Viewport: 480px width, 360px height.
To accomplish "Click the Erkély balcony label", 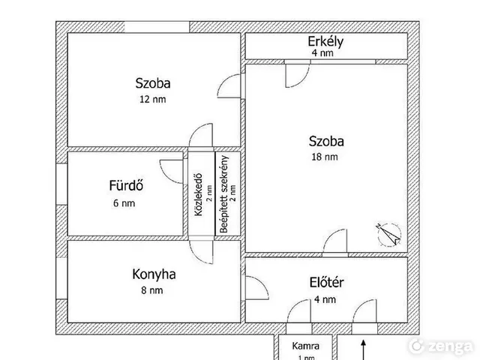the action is coord(325,42).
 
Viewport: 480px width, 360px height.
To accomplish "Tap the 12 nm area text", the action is coord(153,100).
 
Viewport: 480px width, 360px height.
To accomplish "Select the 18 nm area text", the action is coord(325,157).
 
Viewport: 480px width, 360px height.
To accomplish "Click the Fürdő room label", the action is coord(126,185).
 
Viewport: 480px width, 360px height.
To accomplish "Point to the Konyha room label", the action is coord(154,274).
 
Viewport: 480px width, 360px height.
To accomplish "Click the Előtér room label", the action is coord(327,282).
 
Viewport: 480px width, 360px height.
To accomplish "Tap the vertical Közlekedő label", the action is coord(199,195).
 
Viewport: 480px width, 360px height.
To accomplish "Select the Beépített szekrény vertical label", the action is coord(224,194).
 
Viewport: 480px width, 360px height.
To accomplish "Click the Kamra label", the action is coord(305,346).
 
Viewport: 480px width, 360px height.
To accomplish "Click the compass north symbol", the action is coord(388,234).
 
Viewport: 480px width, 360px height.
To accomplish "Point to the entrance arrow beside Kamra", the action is coord(363,349).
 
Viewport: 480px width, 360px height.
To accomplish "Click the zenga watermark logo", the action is coord(441,346).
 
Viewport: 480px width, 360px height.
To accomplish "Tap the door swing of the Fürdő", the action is coord(172,172).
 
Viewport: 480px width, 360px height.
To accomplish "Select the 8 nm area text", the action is coord(152,290).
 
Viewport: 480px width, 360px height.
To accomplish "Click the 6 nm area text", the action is coord(124,203).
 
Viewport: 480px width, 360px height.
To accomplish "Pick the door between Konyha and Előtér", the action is coord(257,288).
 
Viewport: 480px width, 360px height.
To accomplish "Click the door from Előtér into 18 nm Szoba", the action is coord(335,241).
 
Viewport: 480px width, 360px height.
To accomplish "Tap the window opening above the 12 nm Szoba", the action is coord(157,27).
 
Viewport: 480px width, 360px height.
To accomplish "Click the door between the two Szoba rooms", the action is coord(229,86).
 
